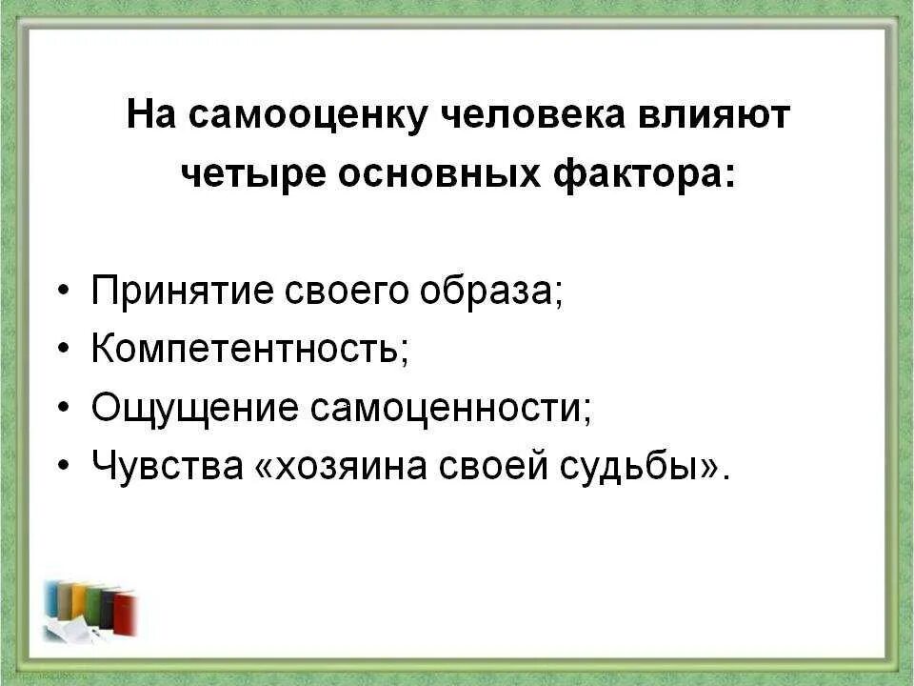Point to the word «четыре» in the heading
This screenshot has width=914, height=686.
tap(248, 175)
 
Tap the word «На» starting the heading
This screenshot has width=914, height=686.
tap(150, 117)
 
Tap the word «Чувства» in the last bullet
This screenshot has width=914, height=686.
tap(167, 467)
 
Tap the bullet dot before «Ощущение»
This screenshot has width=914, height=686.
tap(63, 409)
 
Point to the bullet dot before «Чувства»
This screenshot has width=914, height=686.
tap(63, 467)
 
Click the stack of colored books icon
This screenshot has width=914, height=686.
tap(91, 610)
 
